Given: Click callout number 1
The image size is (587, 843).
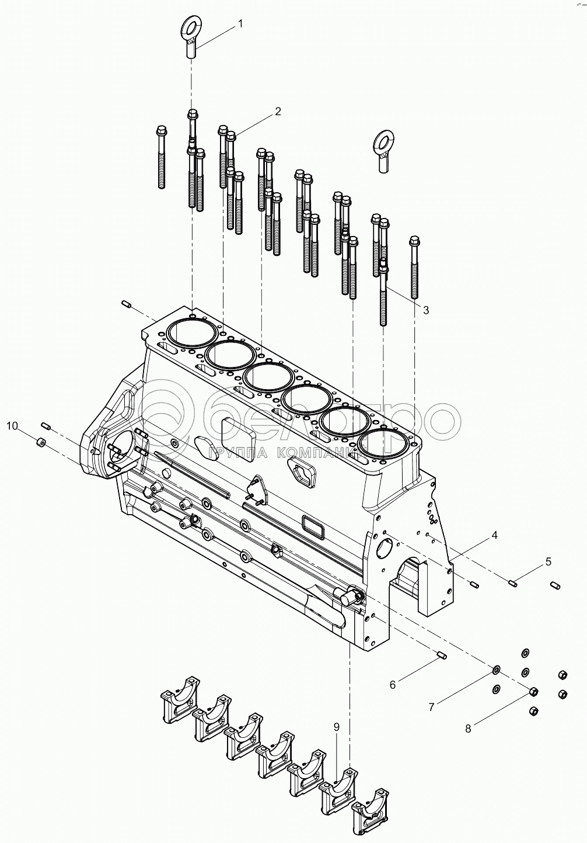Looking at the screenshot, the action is [x=240, y=24].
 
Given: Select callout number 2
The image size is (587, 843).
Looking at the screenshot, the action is [x=277, y=112].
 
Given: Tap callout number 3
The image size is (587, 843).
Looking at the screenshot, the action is [x=425, y=310].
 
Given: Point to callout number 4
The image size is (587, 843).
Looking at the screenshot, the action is [x=495, y=535].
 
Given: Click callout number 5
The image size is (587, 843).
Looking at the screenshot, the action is [x=548, y=562].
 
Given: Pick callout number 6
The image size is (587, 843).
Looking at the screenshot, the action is [x=393, y=685].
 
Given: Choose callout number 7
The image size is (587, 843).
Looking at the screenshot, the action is [x=432, y=707].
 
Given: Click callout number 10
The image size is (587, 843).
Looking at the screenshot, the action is [x=12, y=426].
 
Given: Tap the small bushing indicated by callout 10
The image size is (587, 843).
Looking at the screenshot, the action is [x=41, y=442].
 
